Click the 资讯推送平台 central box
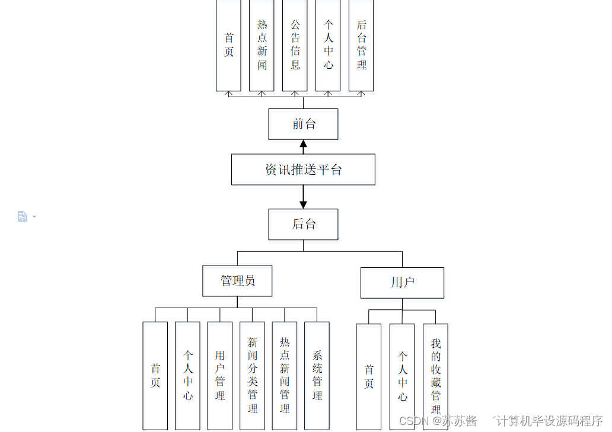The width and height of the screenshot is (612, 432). (x=303, y=169)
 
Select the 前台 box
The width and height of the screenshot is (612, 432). (x=303, y=124)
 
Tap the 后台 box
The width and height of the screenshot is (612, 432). (x=303, y=224)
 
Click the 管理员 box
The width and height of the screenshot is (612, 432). (x=237, y=280)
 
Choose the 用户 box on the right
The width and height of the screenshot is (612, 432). (x=402, y=283)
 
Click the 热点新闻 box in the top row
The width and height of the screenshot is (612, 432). (x=262, y=45)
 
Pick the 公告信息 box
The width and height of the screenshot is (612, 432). (x=295, y=45)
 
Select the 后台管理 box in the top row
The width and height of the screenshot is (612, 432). (x=361, y=45)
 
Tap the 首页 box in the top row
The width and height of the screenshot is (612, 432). (x=228, y=45)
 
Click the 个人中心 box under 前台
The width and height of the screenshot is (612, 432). (x=328, y=45)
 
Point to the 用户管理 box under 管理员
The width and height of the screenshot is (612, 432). (x=220, y=375)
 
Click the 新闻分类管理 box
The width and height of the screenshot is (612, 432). (x=252, y=375)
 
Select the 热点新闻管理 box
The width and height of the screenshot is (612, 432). (x=285, y=375)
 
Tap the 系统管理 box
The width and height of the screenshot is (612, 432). (x=317, y=375)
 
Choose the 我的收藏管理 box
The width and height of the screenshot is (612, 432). (x=435, y=376)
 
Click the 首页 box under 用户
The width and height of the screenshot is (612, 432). (x=368, y=376)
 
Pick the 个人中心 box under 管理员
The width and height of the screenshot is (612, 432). (x=187, y=375)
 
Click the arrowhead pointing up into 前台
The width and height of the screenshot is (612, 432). (x=303, y=143)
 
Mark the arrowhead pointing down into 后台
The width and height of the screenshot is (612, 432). (x=303, y=204)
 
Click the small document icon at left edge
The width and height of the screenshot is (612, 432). (x=23, y=216)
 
